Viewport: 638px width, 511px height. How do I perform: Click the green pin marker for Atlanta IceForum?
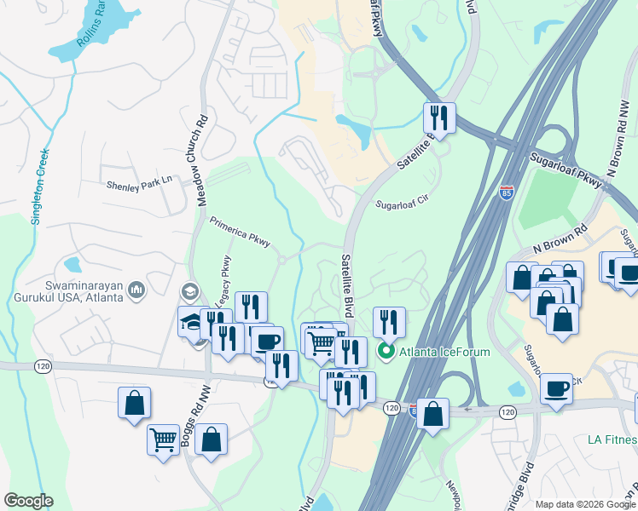(386, 350)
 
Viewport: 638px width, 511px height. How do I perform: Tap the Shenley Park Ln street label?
(139, 183)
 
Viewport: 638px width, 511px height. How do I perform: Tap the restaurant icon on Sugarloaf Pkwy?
(439, 117)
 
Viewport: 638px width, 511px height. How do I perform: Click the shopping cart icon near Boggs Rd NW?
(163, 439)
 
